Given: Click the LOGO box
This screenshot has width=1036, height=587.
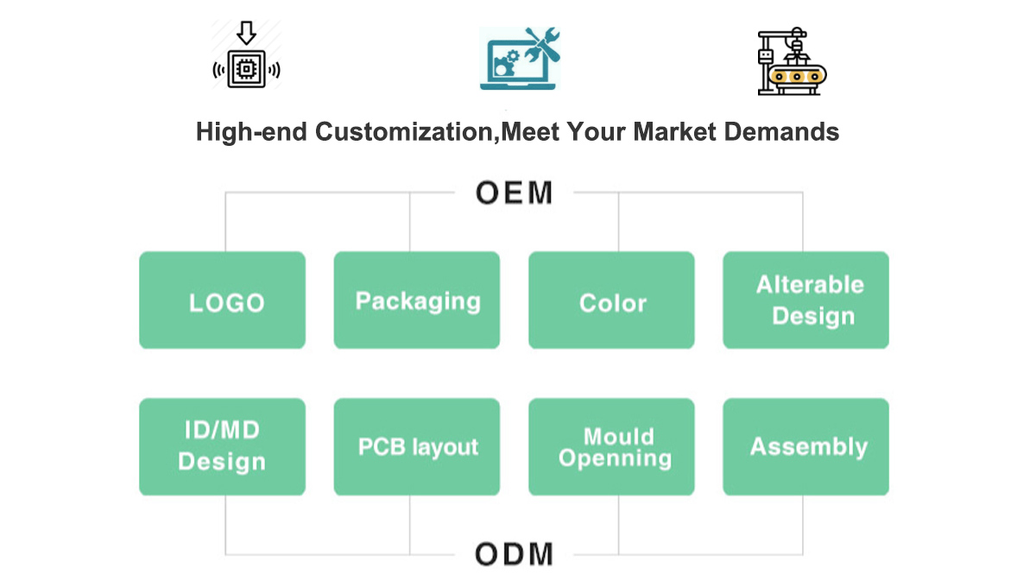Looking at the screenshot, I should (x=222, y=300).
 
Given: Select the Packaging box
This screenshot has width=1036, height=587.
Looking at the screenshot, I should (x=417, y=300).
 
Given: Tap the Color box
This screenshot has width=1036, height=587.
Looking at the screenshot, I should (x=611, y=300).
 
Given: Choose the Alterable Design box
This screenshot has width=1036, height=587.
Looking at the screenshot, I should (x=805, y=300).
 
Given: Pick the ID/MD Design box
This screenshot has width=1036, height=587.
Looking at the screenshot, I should (x=222, y=446).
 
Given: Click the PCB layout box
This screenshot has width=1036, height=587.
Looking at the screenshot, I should (x=417, y=446).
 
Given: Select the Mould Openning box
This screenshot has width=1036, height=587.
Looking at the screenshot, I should (x=611, y=446).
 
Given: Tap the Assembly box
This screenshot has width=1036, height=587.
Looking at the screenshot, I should (x=805, y=446).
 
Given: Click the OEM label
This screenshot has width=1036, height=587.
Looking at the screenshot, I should (x=514, y=193).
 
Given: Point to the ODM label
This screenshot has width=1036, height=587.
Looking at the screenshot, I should (x=514, y=553).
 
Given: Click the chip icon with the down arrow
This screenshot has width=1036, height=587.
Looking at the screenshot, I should (x=247, y=57).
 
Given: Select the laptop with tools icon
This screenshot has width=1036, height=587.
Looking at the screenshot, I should (x=521, y=59).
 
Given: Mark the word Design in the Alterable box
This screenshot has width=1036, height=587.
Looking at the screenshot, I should (x=813, y=316).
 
